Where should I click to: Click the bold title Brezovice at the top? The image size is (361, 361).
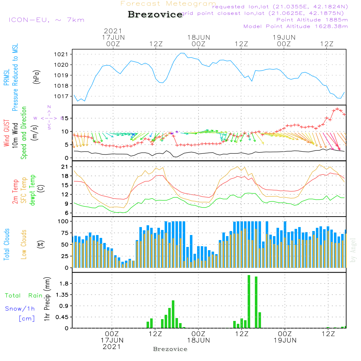[x=155, y=14]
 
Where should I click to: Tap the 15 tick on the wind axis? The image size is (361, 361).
[x=67, y=118]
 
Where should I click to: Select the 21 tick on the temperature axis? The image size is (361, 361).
[x=65, y=167]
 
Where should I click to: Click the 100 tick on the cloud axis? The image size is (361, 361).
[x=64, y=221]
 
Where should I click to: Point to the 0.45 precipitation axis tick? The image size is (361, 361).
[x=63, y=317]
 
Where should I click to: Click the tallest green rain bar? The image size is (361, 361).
[x=249, y=301]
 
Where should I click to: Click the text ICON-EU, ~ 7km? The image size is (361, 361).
[x=46, y=20]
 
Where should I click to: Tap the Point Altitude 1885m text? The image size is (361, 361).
[x=312, y=20]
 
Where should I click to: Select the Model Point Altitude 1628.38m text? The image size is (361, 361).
[x=296, y=26]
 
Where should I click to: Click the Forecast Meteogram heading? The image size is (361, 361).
[x=168, y=4]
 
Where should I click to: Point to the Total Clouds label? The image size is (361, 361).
[x=6, y=244]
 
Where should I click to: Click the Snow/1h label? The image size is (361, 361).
[x=20, y=309]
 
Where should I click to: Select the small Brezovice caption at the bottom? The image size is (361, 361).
[x=170, y=349]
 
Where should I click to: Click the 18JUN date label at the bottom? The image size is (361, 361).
[x=198, y=340]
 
